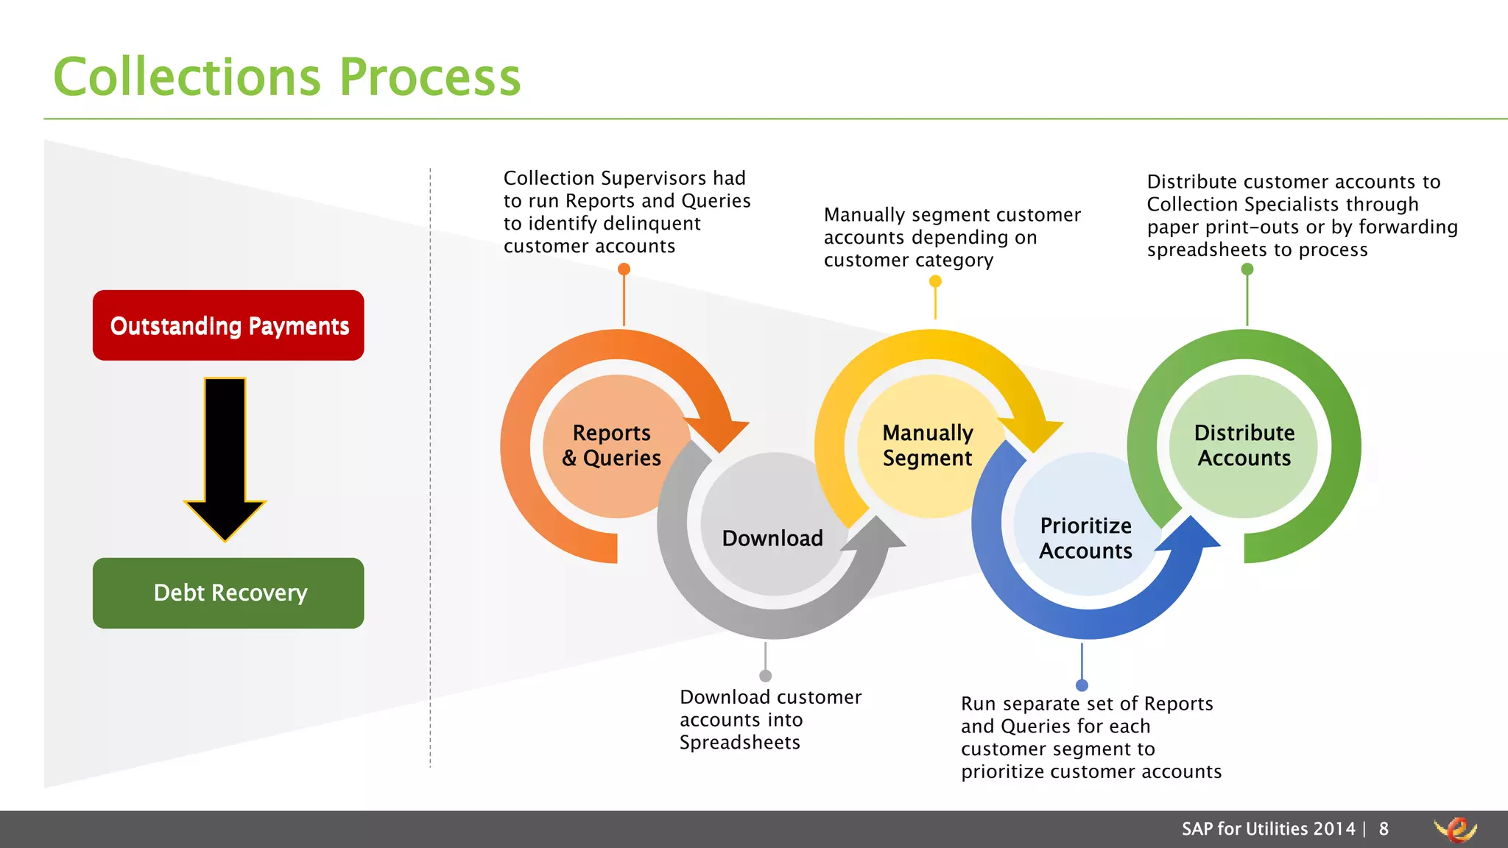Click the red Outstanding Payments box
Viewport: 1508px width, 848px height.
tap(228, 325)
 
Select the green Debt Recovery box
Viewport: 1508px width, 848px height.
tap(228, 593)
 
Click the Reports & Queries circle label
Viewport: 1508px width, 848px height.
tap(612, 445)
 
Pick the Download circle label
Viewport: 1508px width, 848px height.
tap(772, 538)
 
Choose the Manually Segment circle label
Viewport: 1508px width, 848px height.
tap(928, 445)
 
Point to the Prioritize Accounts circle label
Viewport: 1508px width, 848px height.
tap(1086, 538)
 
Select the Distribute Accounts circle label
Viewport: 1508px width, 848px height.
tap(1244, 445)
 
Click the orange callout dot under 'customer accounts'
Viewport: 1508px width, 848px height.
tap(624, 269)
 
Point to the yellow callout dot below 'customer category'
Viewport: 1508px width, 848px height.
tap(935, 281)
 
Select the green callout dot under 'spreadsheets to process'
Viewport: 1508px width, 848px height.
tap(1247, 269)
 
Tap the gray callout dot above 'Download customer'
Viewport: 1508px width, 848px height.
tap(766, 676)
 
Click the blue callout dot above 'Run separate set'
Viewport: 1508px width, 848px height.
tap(1082, 685)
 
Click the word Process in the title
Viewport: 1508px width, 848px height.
tap(430, 77)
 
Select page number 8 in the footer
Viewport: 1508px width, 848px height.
tap(1384, 830)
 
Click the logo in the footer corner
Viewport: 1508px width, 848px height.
tap(1456, 830)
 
